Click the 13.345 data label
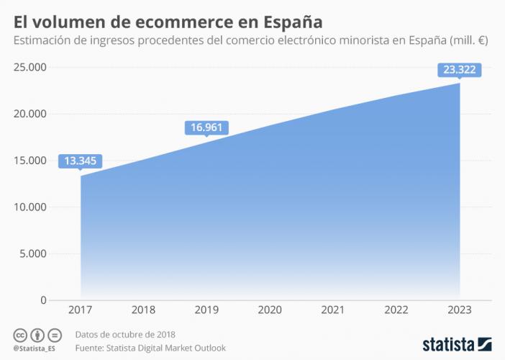81,161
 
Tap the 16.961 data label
206,127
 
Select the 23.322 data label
459,70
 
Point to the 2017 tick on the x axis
81,311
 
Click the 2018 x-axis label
144,311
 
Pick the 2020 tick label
270,311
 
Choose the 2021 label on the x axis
333,311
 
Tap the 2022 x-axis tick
396,311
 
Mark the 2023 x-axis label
459,311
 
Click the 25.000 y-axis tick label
29,68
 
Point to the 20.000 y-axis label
29,114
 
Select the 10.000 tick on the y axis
29,207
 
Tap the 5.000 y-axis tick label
32,253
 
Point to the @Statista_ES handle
35,349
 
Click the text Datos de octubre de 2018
125,335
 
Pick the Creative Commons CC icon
20,335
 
